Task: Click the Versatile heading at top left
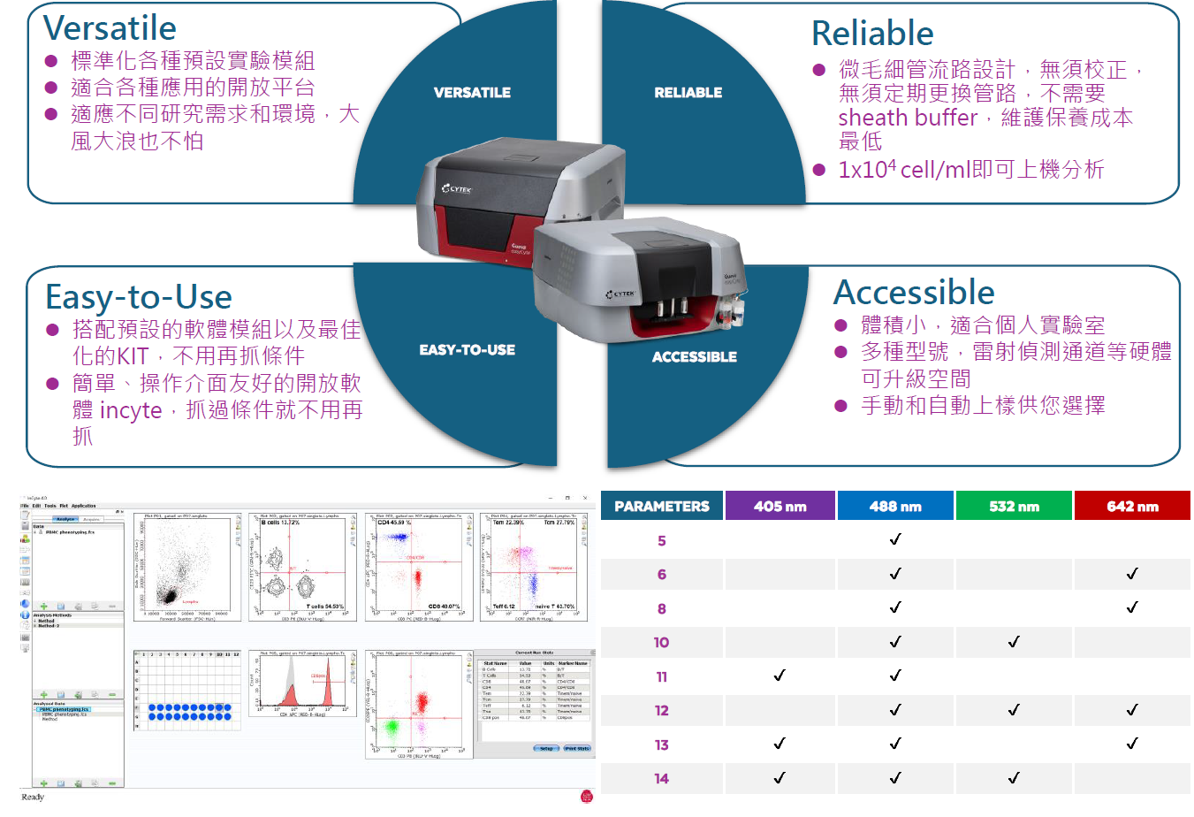pos(110,28)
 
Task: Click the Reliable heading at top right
pos(872,34)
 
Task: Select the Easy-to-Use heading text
pos(139,297)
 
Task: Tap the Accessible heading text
pos(914,293)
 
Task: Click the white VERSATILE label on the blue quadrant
pos(472,93)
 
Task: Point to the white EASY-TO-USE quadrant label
pos(467,350)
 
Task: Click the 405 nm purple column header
pos(780,507)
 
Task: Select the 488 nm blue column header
pos(895,507)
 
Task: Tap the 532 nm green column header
pos(1014,507)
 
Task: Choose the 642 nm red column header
pos(1132,507)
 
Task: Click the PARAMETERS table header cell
pos(662,507)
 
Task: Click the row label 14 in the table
pos(662,779)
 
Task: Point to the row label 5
pos(662,541)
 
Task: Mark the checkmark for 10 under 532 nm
pos(1014,642)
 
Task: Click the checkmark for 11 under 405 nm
pos(780,676)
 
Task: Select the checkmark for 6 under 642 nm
pos(1132,574)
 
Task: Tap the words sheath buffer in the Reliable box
pos(908,118)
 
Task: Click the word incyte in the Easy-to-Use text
pos(131,411)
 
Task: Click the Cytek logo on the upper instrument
pos(457,189)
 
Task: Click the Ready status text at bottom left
pos(33,798)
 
